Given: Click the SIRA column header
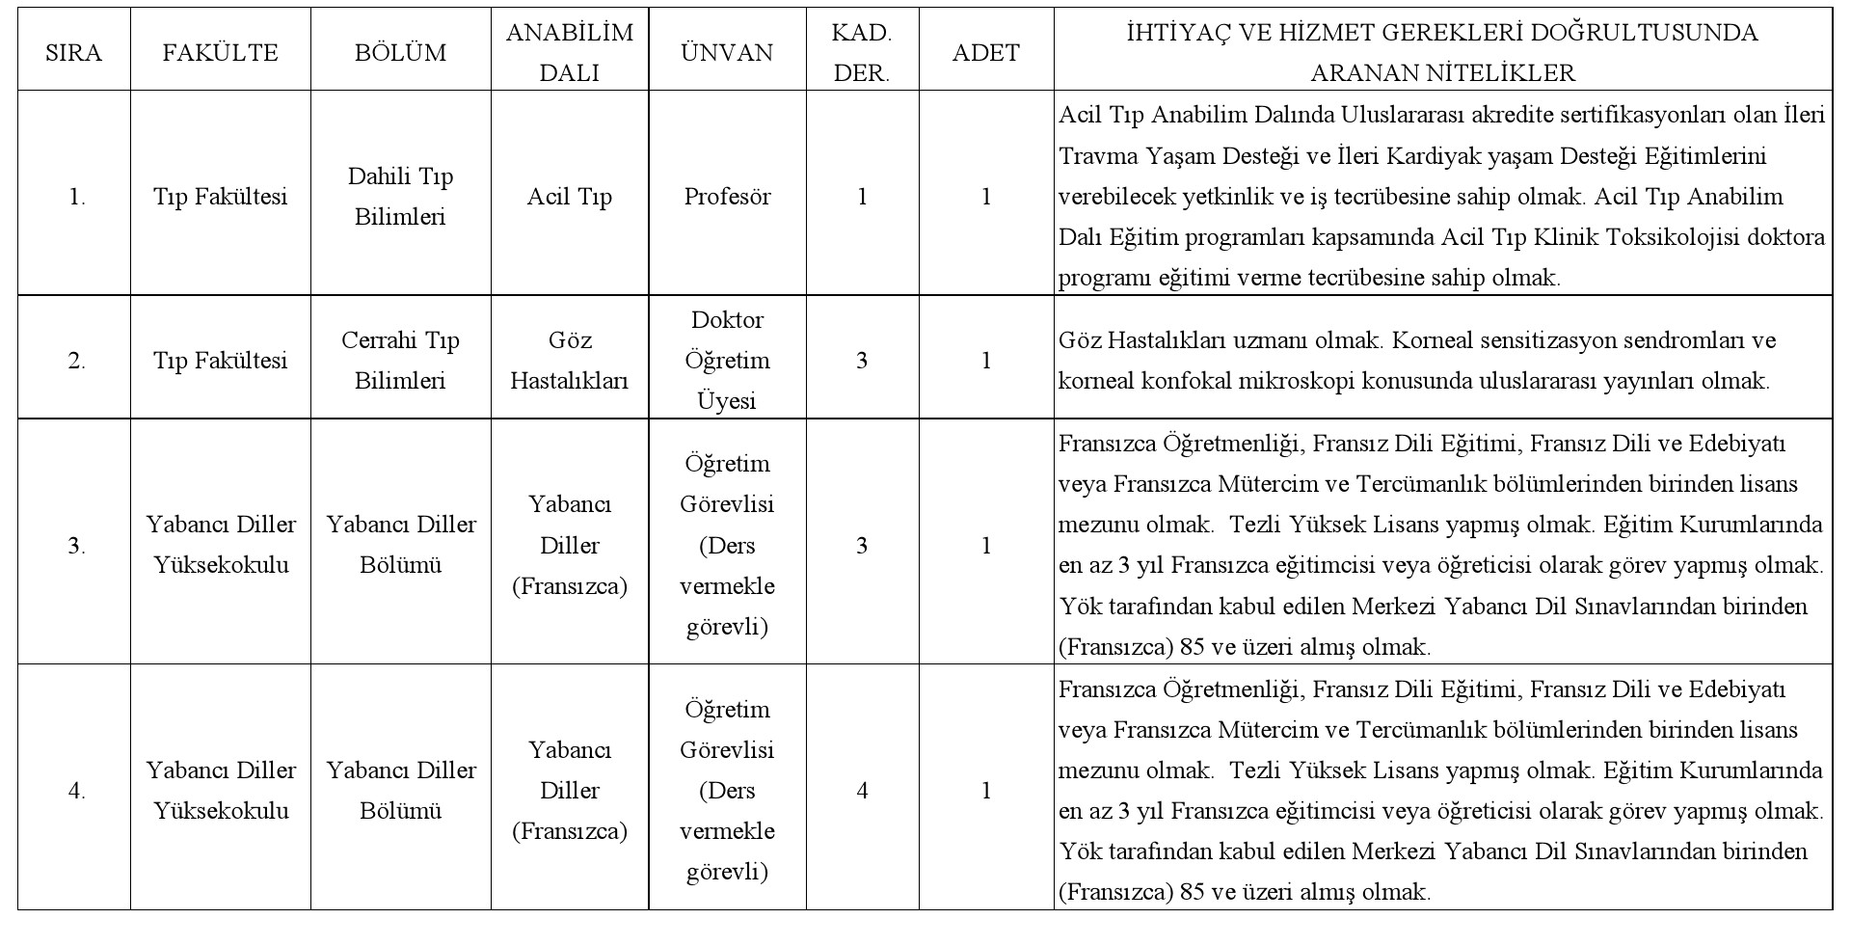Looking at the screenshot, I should pyautogui.click(x=73, y=52).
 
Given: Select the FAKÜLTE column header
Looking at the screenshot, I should pyautogui.click(x=220, y=52).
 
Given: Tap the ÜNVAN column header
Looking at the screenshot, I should pyautogui.click(x=727, y=52).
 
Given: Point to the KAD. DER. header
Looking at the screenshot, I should pyautogui.click(x=862, y=52).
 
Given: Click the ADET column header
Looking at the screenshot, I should pyautogui.click(x=985, y=52).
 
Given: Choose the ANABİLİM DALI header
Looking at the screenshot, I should pyautogui.click(x=570, y=52).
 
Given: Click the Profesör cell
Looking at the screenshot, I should pyautogui.click(x=727, y=197).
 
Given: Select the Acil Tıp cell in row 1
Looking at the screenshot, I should pyautogui.click(x=570, y=197).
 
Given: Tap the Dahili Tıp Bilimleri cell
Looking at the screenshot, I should pyautogui.click(x=400, y=197).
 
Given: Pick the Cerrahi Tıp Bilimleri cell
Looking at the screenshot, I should pyautogui.click(x=400, y=361).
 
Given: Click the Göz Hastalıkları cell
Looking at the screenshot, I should pyautogui.click(x=570, y=361).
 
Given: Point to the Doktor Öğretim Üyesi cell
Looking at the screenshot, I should pyautogui.click(x=727, y=361).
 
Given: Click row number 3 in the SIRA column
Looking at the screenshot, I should pyautogui.click(x=76, y=546).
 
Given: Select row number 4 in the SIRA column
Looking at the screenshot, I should pyautogui.click(x=76, y=792).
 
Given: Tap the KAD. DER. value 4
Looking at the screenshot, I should pyautogui.click(x=862, y=792).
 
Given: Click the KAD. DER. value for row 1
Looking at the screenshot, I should pyautogui.click(x=862, y=197).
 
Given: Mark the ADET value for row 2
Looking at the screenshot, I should pyautogui.click(x=985, y=361).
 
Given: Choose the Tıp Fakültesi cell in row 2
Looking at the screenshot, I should pyautogui.click(x=220, y=361).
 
